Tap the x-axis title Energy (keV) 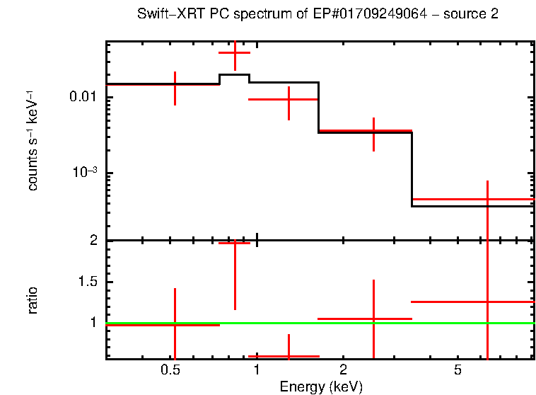pos(321,387)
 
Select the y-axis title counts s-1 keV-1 pos(33,141)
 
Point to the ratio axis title pos(33,299)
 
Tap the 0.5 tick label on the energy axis pos(170,370)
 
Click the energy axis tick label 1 pos(256,370)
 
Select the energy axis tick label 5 pos(458,370)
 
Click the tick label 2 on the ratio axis pos(93,241)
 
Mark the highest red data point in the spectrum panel pos(235,53)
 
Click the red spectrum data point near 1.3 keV pos(289,100)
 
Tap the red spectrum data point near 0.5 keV pos(175,84)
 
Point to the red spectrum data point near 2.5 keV pos(373,131)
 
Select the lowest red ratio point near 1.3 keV pos(289,356)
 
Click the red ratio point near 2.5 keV pos(373,319)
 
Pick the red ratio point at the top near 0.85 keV pos(235,243)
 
